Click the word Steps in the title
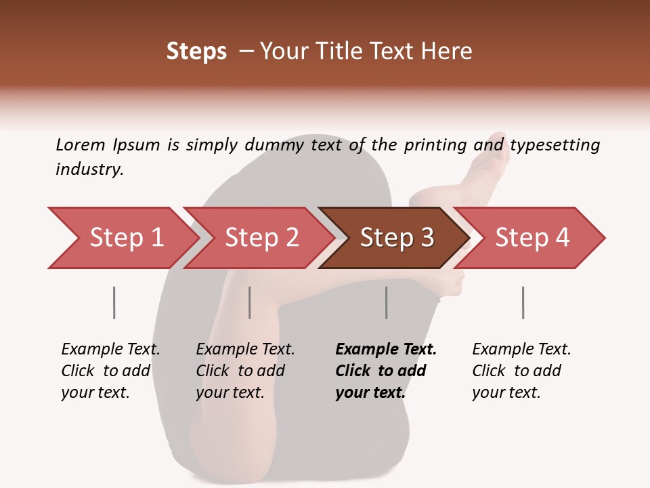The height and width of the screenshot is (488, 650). [196, 52]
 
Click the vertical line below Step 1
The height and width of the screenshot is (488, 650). [114, 302]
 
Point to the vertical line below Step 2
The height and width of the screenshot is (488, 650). [250, 302]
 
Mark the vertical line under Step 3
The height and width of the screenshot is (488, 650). [387, 302]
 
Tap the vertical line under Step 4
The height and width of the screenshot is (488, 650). [523, 302]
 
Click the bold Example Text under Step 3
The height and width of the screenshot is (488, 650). [386, 370]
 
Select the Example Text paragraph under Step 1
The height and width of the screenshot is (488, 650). [110, 370]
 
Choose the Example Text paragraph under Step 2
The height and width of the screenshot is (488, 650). [245, 370]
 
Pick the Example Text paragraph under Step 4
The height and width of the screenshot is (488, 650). [521, 370]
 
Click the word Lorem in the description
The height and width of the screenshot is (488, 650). [80, 144]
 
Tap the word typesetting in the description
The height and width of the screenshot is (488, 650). [555, 144]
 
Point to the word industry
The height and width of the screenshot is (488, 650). [89, 169]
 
